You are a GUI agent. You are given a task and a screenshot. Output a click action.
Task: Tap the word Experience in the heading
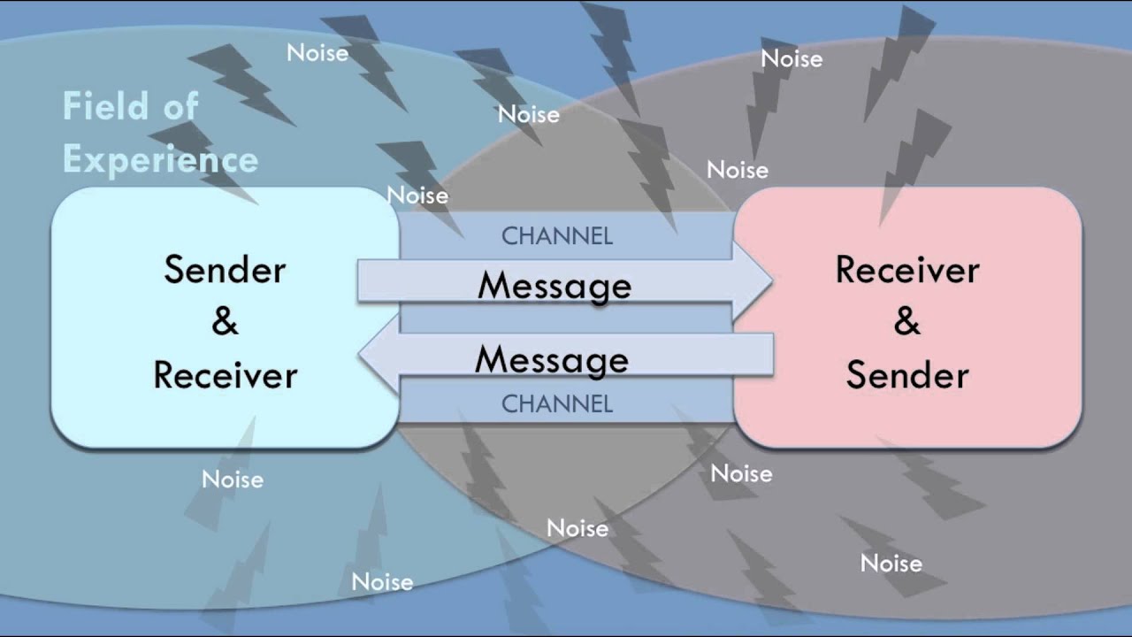tap(160, 160)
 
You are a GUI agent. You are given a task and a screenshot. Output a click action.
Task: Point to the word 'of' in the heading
tap(180, 107)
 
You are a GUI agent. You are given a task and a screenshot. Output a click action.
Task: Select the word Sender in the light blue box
tap(225, 270)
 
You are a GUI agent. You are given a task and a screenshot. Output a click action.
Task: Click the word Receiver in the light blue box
tap(225, 375)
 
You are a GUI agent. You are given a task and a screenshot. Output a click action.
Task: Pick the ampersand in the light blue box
tap(225, 322)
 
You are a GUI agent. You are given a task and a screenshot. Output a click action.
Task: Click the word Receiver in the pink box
tap(907, 270)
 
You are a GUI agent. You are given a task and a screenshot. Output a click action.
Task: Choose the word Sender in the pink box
tap(907, 375)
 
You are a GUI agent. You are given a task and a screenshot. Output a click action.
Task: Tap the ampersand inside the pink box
tap(907, 322)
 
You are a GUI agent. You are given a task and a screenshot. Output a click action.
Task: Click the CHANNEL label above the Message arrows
tap(557, 236)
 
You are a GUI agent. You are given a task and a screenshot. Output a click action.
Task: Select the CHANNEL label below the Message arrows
tap(557, 404)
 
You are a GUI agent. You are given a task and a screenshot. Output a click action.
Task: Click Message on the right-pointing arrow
tap(555, 286)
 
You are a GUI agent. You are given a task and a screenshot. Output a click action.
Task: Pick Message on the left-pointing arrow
tap(552, 360)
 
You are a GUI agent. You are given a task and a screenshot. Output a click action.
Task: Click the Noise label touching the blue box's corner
tap(417, 196)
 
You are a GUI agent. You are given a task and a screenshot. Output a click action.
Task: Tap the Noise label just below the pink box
tap(741, 473)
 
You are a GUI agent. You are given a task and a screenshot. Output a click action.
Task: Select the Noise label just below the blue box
tap(233, 480)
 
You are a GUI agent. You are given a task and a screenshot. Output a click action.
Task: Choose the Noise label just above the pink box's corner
tap(737, 169)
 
